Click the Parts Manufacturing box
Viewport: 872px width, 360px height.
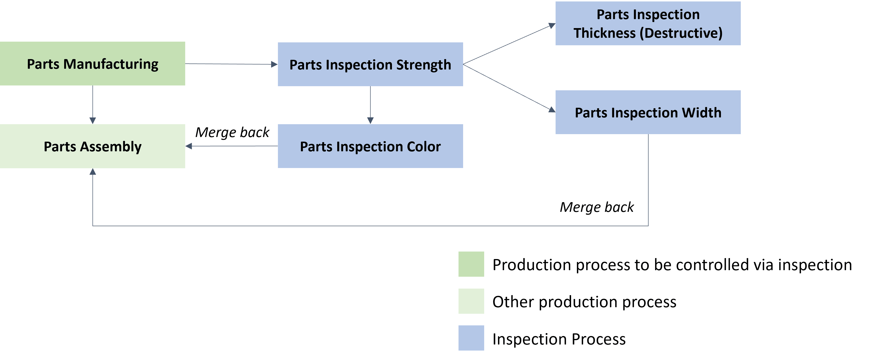click(92, 64)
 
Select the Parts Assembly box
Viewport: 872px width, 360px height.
click(92, 146)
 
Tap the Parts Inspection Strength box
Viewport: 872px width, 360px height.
click(370, 64)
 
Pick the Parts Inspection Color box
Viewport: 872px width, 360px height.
click(370, 146)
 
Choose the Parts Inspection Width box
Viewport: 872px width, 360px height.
click(648, 112)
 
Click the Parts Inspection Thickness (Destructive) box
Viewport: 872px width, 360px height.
click(648, 23)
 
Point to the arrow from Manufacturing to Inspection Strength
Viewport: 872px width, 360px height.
click(231, 64)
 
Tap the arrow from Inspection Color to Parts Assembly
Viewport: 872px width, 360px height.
click(231, 146)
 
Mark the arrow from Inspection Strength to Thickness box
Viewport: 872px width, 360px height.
click(509, 44)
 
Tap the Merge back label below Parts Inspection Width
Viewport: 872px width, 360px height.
click(597, 207)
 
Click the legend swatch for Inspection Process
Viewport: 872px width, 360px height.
click(471, 338)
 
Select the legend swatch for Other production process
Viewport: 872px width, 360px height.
click(471, 301)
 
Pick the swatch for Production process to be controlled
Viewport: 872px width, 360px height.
click(471, 264)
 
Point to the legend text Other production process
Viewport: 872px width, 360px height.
click(584, 302)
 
